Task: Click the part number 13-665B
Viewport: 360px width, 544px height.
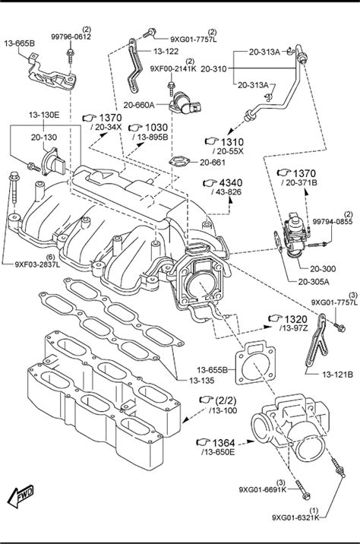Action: pos(20,43)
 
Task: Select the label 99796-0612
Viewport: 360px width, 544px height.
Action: pos(71,36)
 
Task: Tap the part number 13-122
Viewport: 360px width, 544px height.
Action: pos(166,52)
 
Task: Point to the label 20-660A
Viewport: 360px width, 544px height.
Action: pos(139,105)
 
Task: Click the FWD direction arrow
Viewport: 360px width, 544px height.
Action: pos(21,496)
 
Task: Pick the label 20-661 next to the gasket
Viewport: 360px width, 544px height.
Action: pos(212,162)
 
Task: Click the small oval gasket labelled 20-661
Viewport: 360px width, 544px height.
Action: pos(179,161)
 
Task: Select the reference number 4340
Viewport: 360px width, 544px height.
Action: pos(231,183)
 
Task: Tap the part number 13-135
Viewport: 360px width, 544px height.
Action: pos(202,380)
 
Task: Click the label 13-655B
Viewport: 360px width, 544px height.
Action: pos(212,370)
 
